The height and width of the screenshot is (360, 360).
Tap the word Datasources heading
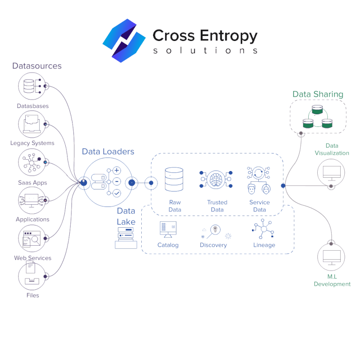(37, 66)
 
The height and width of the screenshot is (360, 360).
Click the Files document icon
(32, 275)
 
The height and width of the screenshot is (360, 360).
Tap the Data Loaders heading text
(108, 152)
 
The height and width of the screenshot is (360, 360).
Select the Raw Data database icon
(174, 179)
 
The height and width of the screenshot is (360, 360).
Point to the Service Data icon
(259, 179)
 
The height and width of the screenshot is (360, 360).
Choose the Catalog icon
(168, 229)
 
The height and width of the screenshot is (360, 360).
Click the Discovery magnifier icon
(215, 230)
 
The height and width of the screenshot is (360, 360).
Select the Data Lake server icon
(126, 238)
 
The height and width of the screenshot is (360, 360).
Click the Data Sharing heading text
(318, 94)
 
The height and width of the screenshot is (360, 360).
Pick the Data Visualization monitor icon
(331, 172)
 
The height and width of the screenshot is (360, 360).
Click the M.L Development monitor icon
(331, 256)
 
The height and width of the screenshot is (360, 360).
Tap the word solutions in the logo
(205, 50)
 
